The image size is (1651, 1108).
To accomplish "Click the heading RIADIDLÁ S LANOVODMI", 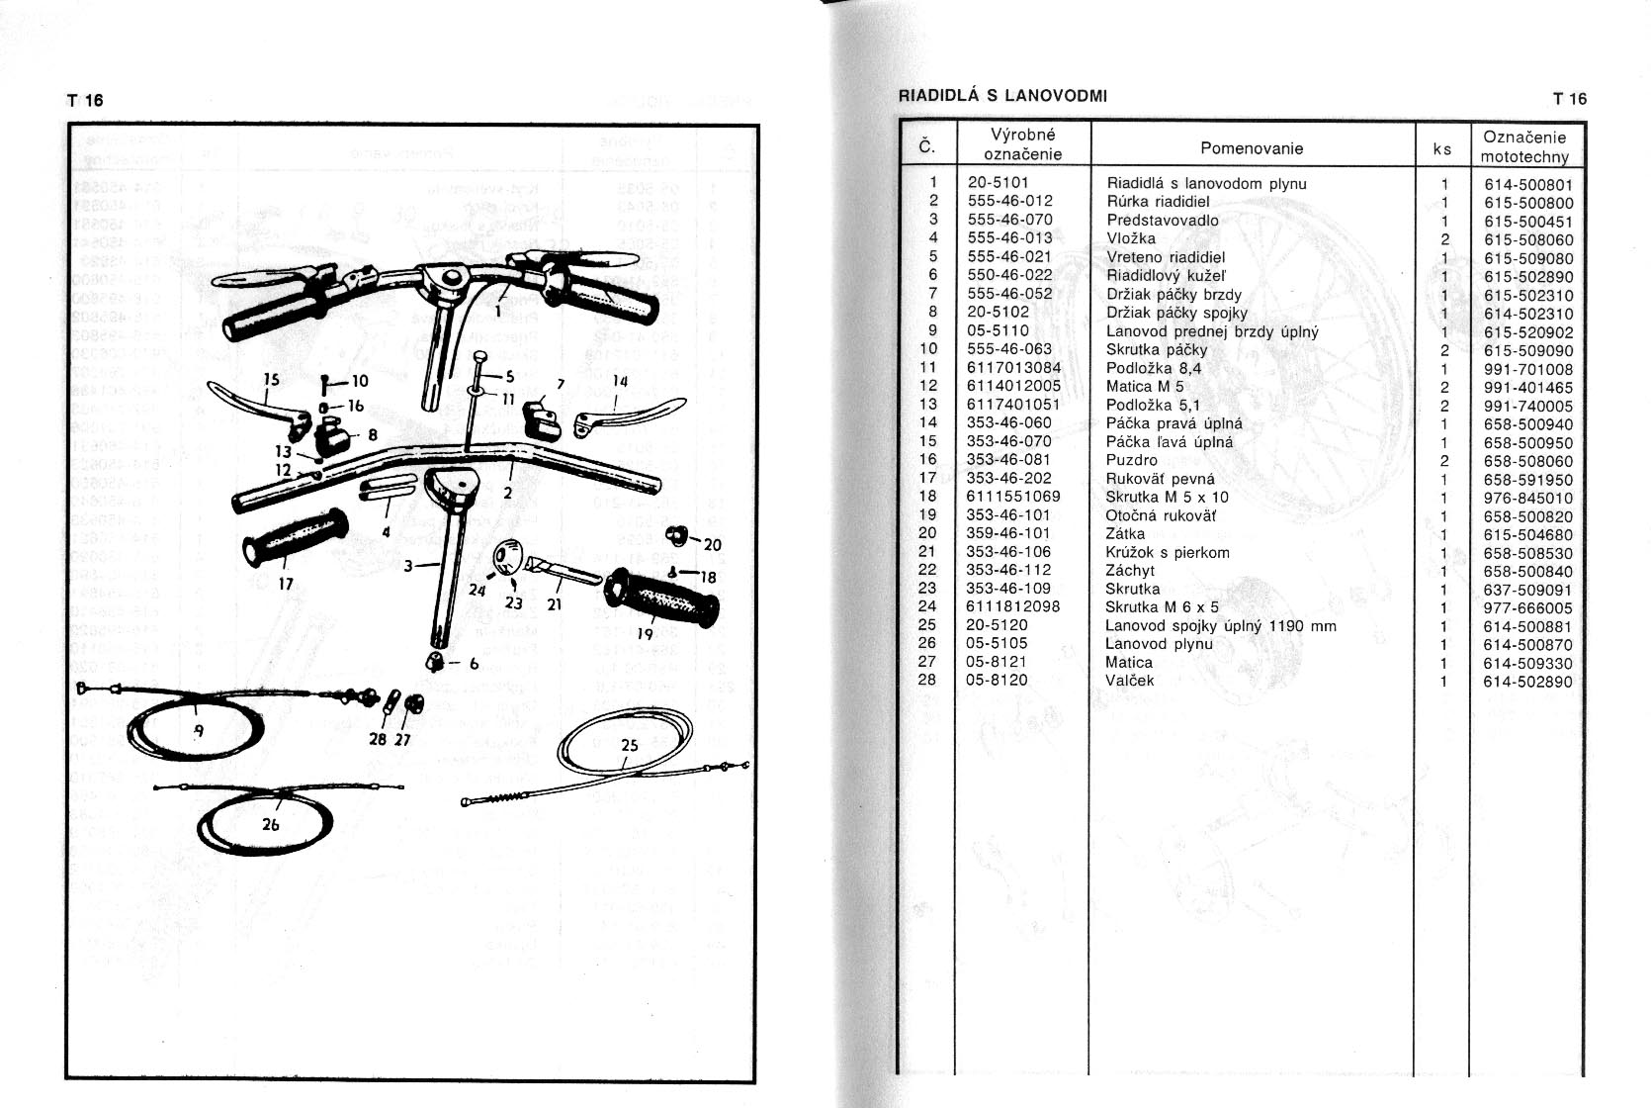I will point(1002,96).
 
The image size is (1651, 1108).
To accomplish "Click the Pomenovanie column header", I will point(1251,148).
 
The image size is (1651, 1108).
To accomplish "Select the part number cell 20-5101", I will point(998,183).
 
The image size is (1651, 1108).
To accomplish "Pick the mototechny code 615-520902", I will point(1527,332).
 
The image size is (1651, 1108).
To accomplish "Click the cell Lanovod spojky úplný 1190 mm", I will point(1220,625).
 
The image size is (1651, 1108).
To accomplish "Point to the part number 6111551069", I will point(1012,497).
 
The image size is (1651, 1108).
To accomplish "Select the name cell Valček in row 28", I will point(1129,681).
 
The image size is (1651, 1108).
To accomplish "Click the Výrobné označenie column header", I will point(1022,144).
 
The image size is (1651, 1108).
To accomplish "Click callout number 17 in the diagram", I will point(286,584).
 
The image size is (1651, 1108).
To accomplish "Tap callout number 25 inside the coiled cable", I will point(630,746).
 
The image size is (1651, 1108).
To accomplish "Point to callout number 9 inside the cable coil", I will point(199,732).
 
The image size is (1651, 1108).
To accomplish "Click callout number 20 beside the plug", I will point(712,544).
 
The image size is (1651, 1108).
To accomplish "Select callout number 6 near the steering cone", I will point(474,665).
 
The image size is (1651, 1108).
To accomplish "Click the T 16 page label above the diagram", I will point(84,100).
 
